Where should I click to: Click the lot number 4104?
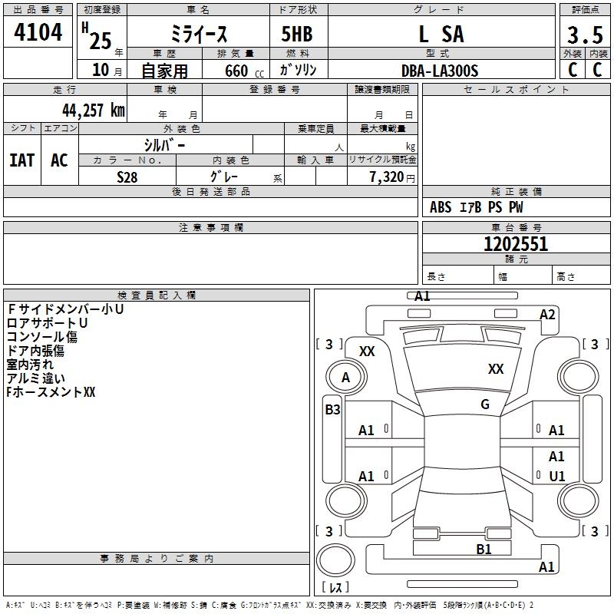(x=38, y=33)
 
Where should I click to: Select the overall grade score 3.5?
(x=585, y=35)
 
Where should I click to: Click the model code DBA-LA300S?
(x=440, y=71)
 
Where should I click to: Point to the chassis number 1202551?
(x=516, y=244)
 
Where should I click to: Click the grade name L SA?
(x=441, y=35)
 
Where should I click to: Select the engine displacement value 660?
(x=236, y=71)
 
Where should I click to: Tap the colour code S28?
(x=127, y=177)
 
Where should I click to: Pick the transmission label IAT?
(x=21, y=160)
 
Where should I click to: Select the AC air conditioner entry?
(x=59, y=160)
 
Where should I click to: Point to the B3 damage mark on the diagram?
(x=332, y=410)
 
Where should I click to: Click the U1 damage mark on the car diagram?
(x=556, y=477)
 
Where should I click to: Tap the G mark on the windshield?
(x=485, y=404)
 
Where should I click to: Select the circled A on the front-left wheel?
(x=345, y=378)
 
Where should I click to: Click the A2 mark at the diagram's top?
(x=547, y=315)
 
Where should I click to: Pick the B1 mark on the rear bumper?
(x=484, y=549)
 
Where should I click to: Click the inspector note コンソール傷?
(x=42, y=337)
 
